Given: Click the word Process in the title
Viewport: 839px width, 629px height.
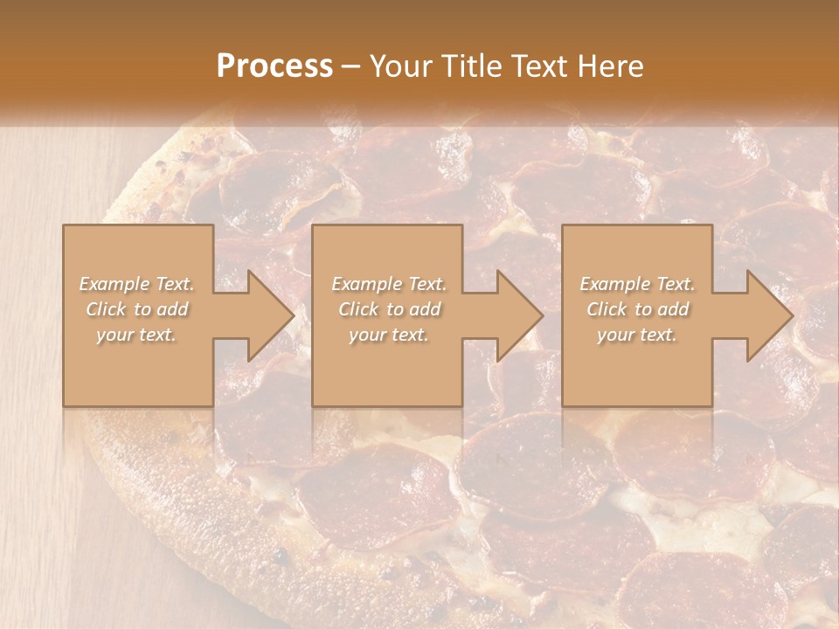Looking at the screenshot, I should pyautogui.click(x=274, y=66).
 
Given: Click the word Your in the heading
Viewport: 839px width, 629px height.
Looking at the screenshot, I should pyautogui.click(x=399, y=66).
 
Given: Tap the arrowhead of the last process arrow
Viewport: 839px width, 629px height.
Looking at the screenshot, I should pyautogui.click(x=768, y=315).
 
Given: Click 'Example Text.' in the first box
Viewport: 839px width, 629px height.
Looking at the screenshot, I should pyautogui.click(x=137, y=284).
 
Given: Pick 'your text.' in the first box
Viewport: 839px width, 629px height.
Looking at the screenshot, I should pyautogui.click(x=137, y=335).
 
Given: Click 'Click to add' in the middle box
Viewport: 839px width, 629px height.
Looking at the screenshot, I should pyautogui.click(x=389, y=309).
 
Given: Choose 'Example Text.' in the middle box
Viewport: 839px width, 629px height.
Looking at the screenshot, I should pyautogui.click(x=389, y=284).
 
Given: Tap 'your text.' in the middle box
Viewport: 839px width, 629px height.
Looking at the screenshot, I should pyautogui.click(x=389, y=335).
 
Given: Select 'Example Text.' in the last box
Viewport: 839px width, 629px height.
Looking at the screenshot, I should pyautogui.click(x=637, y=284).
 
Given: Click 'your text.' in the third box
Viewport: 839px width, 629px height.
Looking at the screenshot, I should pyautogui.click(x=637, y=335).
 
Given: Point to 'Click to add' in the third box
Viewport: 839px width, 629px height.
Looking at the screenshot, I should pyautogui.click(x=637, y=309).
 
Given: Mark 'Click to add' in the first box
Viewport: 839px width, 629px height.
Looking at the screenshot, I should pyautogui.click(x=137, y=309).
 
